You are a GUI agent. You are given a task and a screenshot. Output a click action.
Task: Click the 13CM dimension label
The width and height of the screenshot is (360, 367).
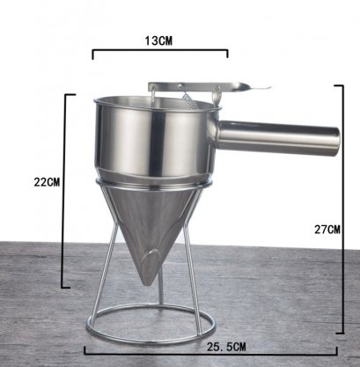[x=158, y=41]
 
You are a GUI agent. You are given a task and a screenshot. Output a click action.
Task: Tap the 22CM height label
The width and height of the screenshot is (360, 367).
[x=47, y=182]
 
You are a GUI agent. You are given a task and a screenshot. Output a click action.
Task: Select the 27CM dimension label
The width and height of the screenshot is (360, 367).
[x=327, y=230]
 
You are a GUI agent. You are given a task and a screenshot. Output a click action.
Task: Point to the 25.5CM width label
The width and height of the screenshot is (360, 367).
[x=226, y=347]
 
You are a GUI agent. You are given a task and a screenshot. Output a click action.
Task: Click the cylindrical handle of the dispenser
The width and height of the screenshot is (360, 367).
[x=279, y=138]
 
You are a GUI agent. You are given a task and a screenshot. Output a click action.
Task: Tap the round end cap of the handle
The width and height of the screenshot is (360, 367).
[x=336, y=142]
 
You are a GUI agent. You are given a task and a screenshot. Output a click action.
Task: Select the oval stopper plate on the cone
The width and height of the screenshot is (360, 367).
[x=150, y=263]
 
